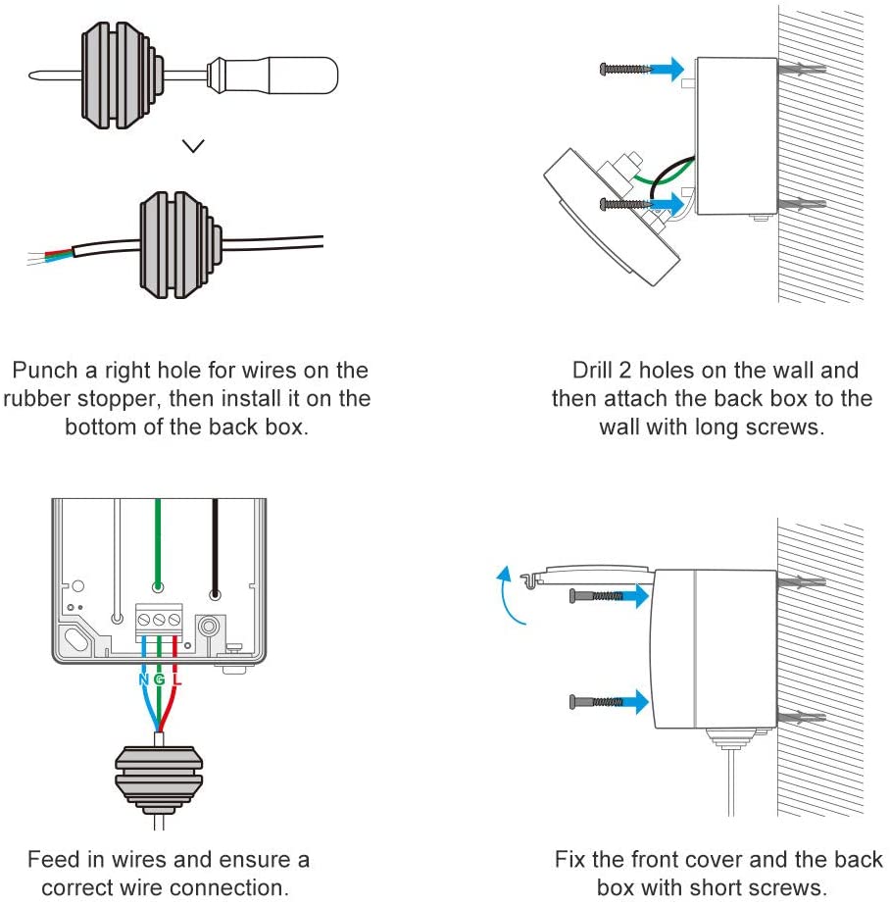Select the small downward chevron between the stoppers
coord(193,145)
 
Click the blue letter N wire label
coord(144,679)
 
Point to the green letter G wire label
coord(159,679)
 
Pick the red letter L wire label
coord(176,679)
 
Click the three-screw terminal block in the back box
coord(159,623)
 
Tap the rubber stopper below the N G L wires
coord(159,779)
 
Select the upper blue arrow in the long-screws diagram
coord(667,69)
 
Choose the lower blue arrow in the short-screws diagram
coord(634,702)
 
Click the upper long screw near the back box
coord(625,70)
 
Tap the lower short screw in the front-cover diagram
coord(596,702)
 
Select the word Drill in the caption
coord(592,370)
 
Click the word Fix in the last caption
coord(569,859)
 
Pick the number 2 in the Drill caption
coord(625,370)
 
